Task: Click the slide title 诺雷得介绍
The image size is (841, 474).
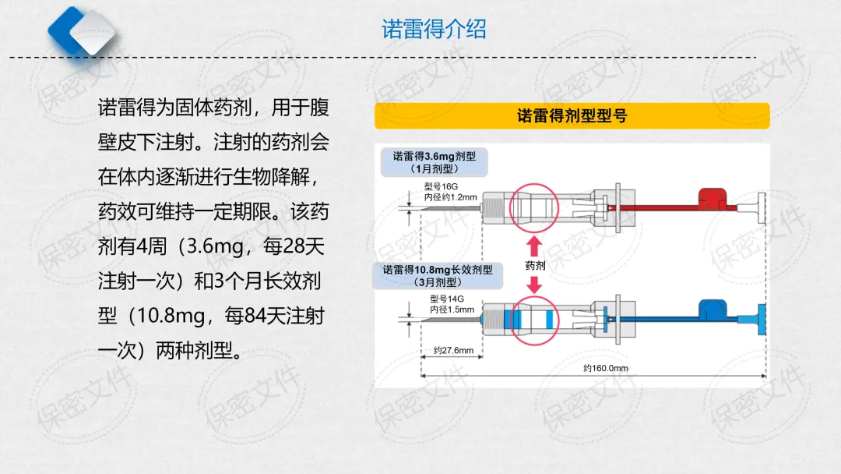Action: pyautogui.click(x=434, y=30)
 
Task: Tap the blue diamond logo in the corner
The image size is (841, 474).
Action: pyautogui.click(x=82, y=32)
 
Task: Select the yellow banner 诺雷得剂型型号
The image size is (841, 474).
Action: pyautogui.click(x=572, y=116)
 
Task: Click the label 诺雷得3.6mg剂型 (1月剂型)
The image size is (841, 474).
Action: pyautogui.click(x=434, y=161)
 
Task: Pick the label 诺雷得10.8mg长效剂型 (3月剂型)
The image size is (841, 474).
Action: pyautogui.click(x=434, y=275)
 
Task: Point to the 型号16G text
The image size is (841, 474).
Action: pyautogui.click(x=441, y=187)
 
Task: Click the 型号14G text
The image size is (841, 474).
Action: pyautogui.click(x=446, y=299)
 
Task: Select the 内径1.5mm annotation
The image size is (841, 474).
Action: pyautogui.click(x=451, y=310)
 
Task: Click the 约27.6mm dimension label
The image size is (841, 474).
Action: pyautogui.click(x=452, y=351)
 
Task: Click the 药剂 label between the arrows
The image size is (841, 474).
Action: pyautogui.click(x=533, y=266)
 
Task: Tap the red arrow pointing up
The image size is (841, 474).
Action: pyautogui.click(x=533, y=245)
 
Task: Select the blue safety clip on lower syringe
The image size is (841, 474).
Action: pyautogui.click(x=711, y=309)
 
